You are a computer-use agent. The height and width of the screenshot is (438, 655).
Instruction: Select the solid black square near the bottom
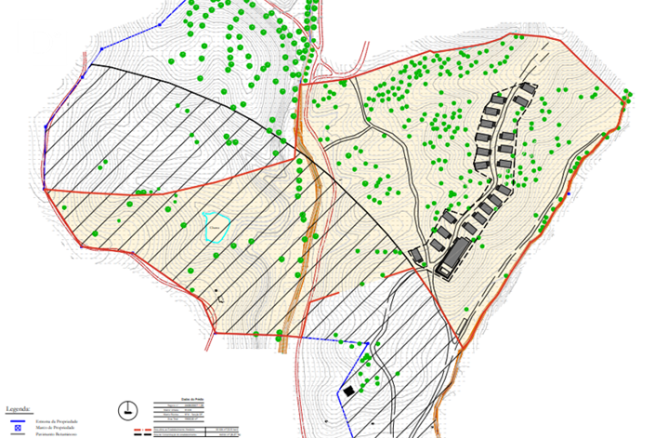pos(348,392)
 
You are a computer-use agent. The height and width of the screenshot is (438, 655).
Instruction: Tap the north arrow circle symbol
pos(126,410)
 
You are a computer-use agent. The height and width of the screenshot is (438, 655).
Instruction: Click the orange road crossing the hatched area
pos(300,279)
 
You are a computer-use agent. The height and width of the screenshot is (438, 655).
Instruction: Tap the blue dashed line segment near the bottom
pos(334,340)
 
